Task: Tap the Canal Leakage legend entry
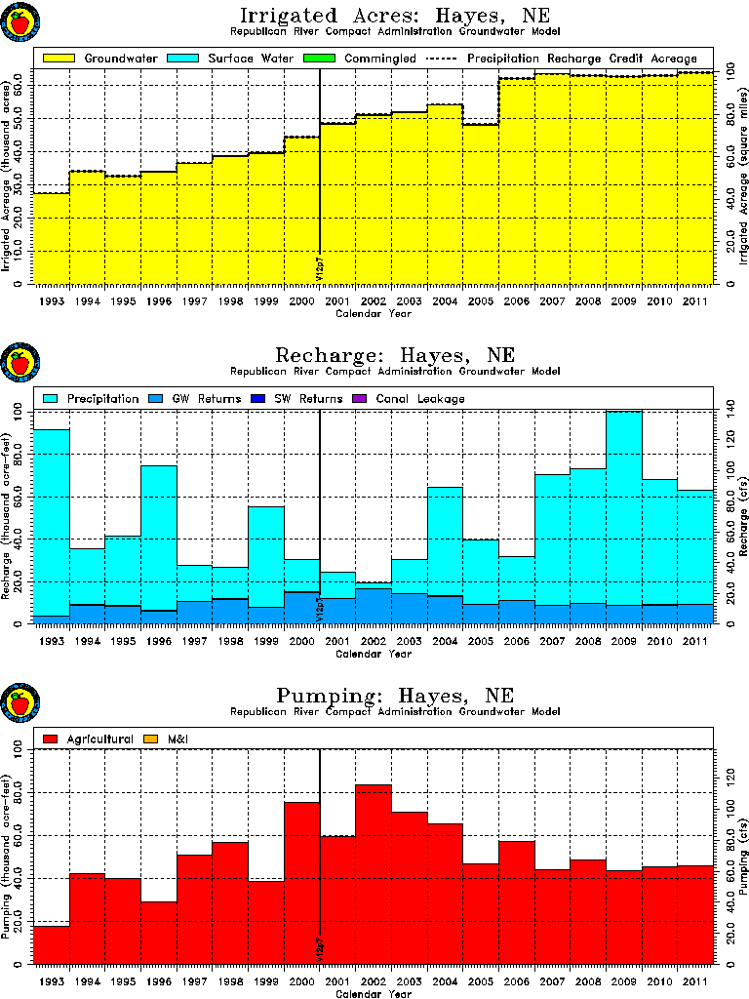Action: tap(425, 398)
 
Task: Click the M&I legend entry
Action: tap(176, 739)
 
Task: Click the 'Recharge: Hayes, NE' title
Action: tap(394, 355)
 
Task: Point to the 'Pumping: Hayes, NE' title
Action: tap(394, 695)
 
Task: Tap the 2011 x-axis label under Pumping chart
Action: tap(695, 981)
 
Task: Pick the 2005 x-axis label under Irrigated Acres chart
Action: tap(480, 301)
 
